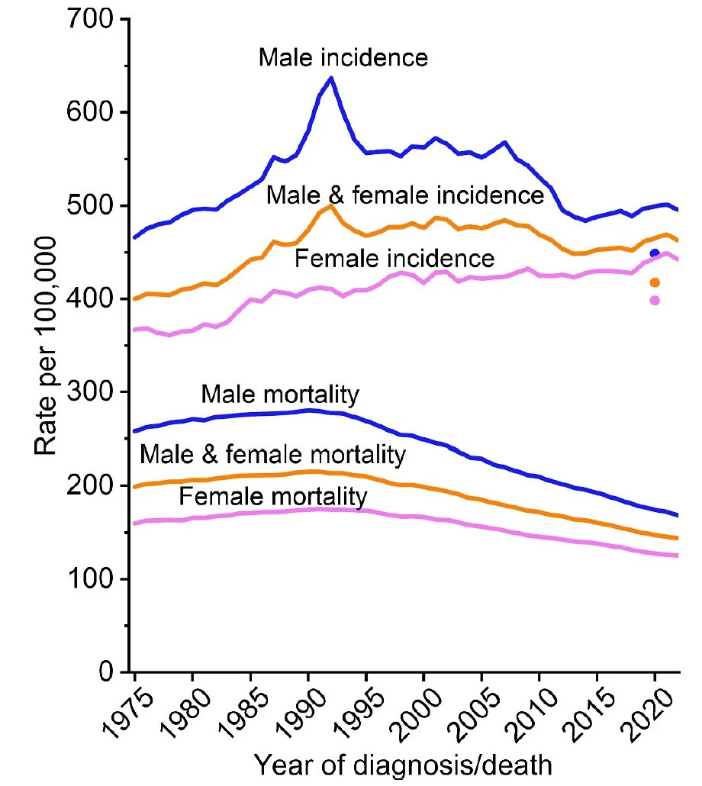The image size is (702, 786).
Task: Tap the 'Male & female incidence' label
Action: (x=404, y=195)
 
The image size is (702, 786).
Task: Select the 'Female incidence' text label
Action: (x=394, y=258)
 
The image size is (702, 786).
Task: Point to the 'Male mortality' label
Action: (x=279, y=395)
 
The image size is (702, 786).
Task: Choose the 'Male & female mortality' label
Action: (x=271, y=456)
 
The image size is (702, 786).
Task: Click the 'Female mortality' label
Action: (x=272, y=498)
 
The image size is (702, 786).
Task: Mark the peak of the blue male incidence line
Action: (x=330, y=77)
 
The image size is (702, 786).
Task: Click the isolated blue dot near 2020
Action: (x=654, y=253)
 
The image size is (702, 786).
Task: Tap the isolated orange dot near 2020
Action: (x=654, y=282)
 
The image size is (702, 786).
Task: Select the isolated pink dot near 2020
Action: (x=654, y=300)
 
